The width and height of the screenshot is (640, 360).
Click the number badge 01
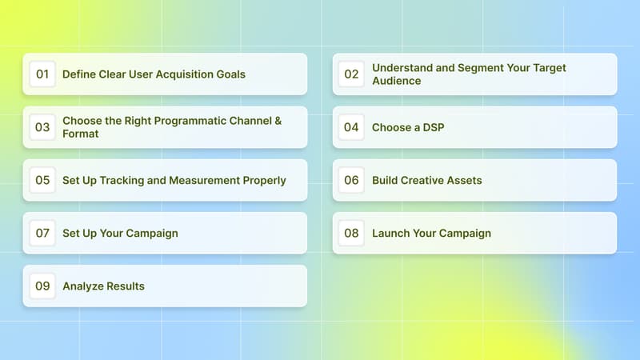42,74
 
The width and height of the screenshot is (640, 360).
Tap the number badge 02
352,74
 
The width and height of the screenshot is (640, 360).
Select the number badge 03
42,127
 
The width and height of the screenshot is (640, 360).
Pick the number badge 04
352,127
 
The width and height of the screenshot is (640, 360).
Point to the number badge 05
42,180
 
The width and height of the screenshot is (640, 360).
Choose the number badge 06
352,180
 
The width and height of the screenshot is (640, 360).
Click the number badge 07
42,233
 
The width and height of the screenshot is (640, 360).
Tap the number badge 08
352,233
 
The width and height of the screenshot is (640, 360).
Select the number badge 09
42,286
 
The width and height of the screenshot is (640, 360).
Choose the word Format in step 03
81,134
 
